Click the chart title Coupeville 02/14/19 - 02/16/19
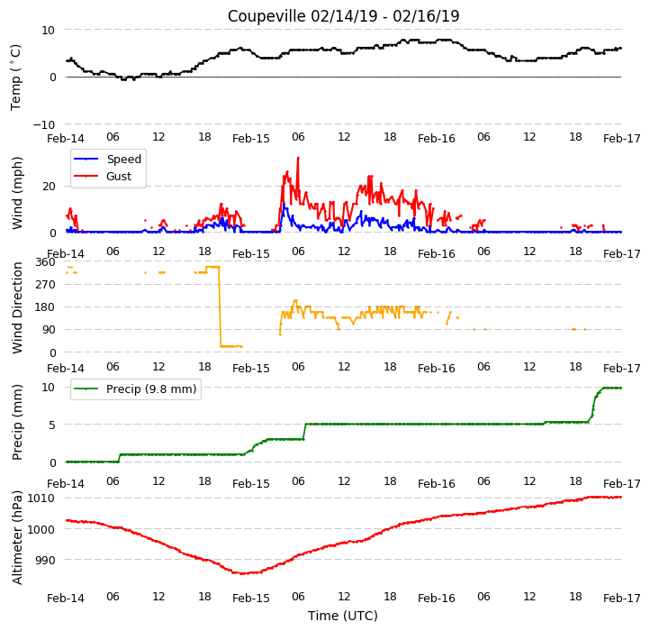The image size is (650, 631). pos(343,16)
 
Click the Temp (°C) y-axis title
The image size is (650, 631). pos(15,78)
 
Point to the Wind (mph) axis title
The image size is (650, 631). pos(16,193)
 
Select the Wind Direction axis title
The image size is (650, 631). pos(17,307)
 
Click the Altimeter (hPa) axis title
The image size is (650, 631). pos(16,537)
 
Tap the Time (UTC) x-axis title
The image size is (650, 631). pos(343,615)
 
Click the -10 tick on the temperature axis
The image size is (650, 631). pos(44,124)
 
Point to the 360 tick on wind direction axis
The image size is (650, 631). pos(46,262)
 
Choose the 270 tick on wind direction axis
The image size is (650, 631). pos(46,285)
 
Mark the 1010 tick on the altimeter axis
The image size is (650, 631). pos(41,498)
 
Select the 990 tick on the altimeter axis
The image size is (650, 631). pos(44,560)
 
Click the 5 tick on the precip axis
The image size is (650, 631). pos(51,425)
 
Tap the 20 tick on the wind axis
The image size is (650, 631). pos(49,187)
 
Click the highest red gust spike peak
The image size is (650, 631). pos(298,158)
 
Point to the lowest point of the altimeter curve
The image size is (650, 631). pos(244,573)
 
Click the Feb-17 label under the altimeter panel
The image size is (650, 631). pos(622,599)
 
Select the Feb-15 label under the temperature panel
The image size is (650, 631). pos(251,139)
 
